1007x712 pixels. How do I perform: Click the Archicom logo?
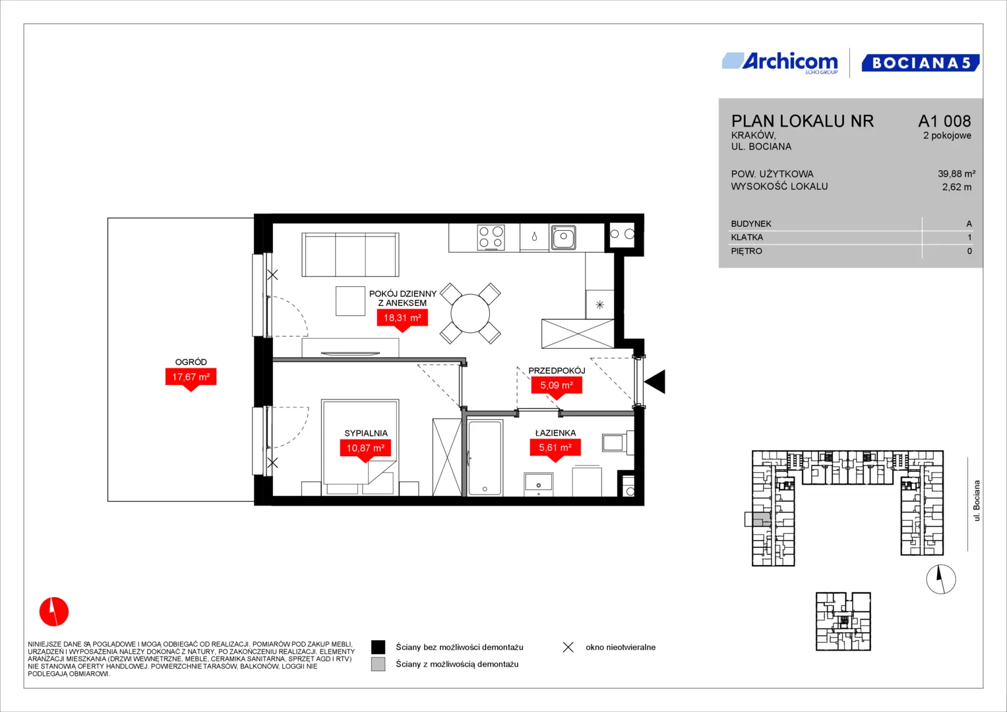(x=780, y=63)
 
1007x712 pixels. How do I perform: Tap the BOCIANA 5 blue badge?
(x=920, y=63)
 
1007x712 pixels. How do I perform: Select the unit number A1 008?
(x=944, y=121)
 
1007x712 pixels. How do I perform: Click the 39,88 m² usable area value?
(x=956, y=174)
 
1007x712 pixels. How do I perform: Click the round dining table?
(x=470, y=313)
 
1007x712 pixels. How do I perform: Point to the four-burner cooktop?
(x=491, y=237)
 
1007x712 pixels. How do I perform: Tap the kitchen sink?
(x=563, y=237)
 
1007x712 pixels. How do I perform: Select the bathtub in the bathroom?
(x=485, y=458)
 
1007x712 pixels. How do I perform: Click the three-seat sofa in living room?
(x=350, y=254)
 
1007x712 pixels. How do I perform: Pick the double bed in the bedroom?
(x=360, y=448)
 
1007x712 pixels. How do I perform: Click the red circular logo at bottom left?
(x=54, y=611)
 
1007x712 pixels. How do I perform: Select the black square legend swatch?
(x=378, y=647)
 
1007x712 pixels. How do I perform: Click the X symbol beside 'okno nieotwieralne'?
(x=568, y=647)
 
